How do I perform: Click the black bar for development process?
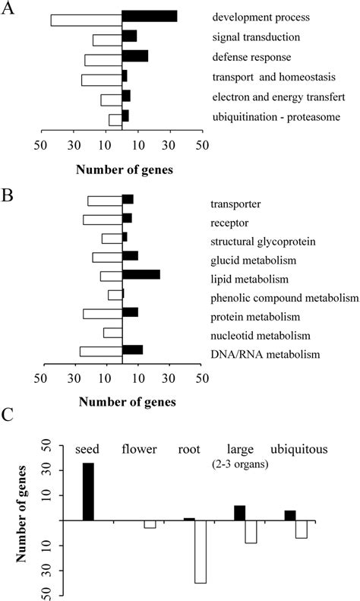pyautogui.click(x=150, y=16)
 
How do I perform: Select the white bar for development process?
pyautogui.click(x=87, y=21)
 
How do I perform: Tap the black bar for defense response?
pyautogui.click(x=135, y=55)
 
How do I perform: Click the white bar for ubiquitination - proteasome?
pyautogui.click(x=115, y=119)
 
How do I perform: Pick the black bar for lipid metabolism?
pyautogui.click(x=141, y=274)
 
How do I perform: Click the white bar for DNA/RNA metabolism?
pyautogui.click(x=101, y=351)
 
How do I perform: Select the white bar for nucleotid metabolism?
pyautogui.click(x=113, y=332)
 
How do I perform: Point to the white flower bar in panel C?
pyautogui.click(x=150, y=524)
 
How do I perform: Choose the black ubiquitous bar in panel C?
pyautogui.click(x=290, y=515)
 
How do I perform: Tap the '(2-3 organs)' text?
pyautogui.click(x=249, y=463)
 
